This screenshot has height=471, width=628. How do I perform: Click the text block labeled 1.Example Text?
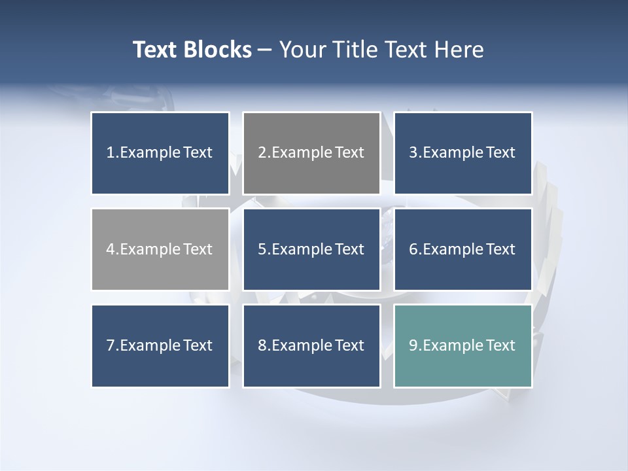[x=160, y=153]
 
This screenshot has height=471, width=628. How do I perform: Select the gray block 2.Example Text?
[x=311, y=153]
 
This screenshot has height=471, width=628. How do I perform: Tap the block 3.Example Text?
[x=462, y=153]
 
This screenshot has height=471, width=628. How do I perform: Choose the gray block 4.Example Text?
[x=160, y=249]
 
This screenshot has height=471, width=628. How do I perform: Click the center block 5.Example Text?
[x=311, y=249]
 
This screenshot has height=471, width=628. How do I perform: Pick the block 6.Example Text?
[x=462, y=249]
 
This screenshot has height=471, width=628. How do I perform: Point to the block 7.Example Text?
[x=160, y=345]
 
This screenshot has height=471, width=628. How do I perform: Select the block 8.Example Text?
[x=311, y=345]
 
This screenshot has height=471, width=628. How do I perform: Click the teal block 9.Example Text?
[x=462, y=345]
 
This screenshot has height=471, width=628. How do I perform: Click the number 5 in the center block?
[x=262, y=249]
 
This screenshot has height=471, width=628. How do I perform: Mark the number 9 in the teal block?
[x=413, y=345]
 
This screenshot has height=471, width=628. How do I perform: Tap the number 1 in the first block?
[x=110, y=153]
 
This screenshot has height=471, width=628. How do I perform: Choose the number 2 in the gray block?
[x=262, y=153]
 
